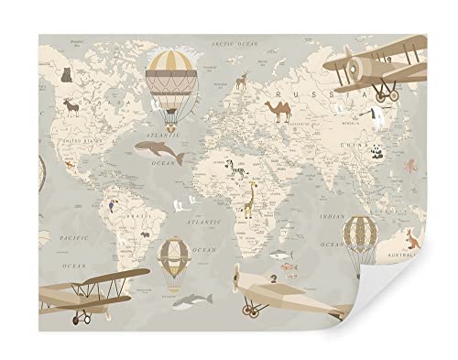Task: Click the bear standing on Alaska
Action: [67, 76]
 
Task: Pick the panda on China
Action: [377, 153]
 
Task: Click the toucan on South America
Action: [111, 207]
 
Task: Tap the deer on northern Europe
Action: [241, 82]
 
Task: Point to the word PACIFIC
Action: [69, 238]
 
